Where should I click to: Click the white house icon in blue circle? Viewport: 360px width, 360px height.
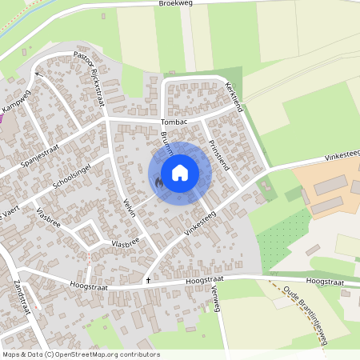pos(180,173)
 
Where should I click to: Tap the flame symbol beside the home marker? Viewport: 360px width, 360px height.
pos(159,183)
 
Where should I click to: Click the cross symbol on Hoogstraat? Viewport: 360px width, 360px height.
pos(148,281)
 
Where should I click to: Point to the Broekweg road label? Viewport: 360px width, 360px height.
pos(177,5)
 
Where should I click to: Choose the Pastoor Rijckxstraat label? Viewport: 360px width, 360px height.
pos(90,79)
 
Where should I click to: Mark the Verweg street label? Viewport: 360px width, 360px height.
pos(213,300)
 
